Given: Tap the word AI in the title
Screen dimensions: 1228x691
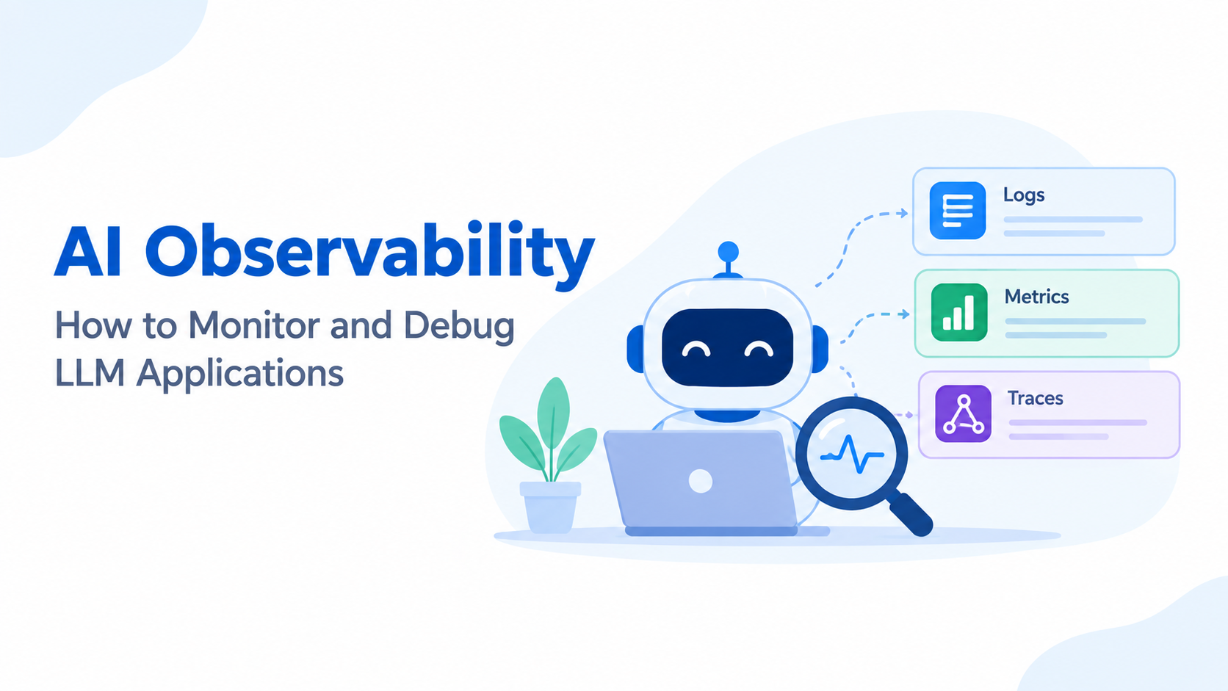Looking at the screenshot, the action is click(87, 251).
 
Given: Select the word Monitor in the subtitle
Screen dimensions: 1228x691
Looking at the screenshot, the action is click(255, 325).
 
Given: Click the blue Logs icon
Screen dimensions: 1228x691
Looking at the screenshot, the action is click(957, 211).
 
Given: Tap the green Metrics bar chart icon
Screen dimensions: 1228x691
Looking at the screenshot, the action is click(959, 312).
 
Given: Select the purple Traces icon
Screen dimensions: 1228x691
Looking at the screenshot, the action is click(963, 413).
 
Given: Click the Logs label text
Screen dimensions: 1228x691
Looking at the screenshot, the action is click(1024, 195).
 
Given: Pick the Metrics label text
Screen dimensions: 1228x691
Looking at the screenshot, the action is click(1036, 297).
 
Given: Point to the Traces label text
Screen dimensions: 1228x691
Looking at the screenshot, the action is click(1036, 398).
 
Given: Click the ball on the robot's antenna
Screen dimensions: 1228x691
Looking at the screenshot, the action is click(728, 252).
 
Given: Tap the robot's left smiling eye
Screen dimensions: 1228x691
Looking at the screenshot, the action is click(696, 349).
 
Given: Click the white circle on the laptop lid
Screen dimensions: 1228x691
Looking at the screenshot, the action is click(701, 482).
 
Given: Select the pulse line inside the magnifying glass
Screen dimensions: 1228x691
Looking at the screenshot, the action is click(852, 455).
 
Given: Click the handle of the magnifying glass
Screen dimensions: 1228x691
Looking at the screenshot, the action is click(908, 513).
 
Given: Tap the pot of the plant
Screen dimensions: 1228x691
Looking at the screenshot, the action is click(550, 507).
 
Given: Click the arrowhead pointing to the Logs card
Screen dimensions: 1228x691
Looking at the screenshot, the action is click(903, 213).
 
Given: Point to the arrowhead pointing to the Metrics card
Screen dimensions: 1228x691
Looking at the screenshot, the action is click(905, 314).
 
